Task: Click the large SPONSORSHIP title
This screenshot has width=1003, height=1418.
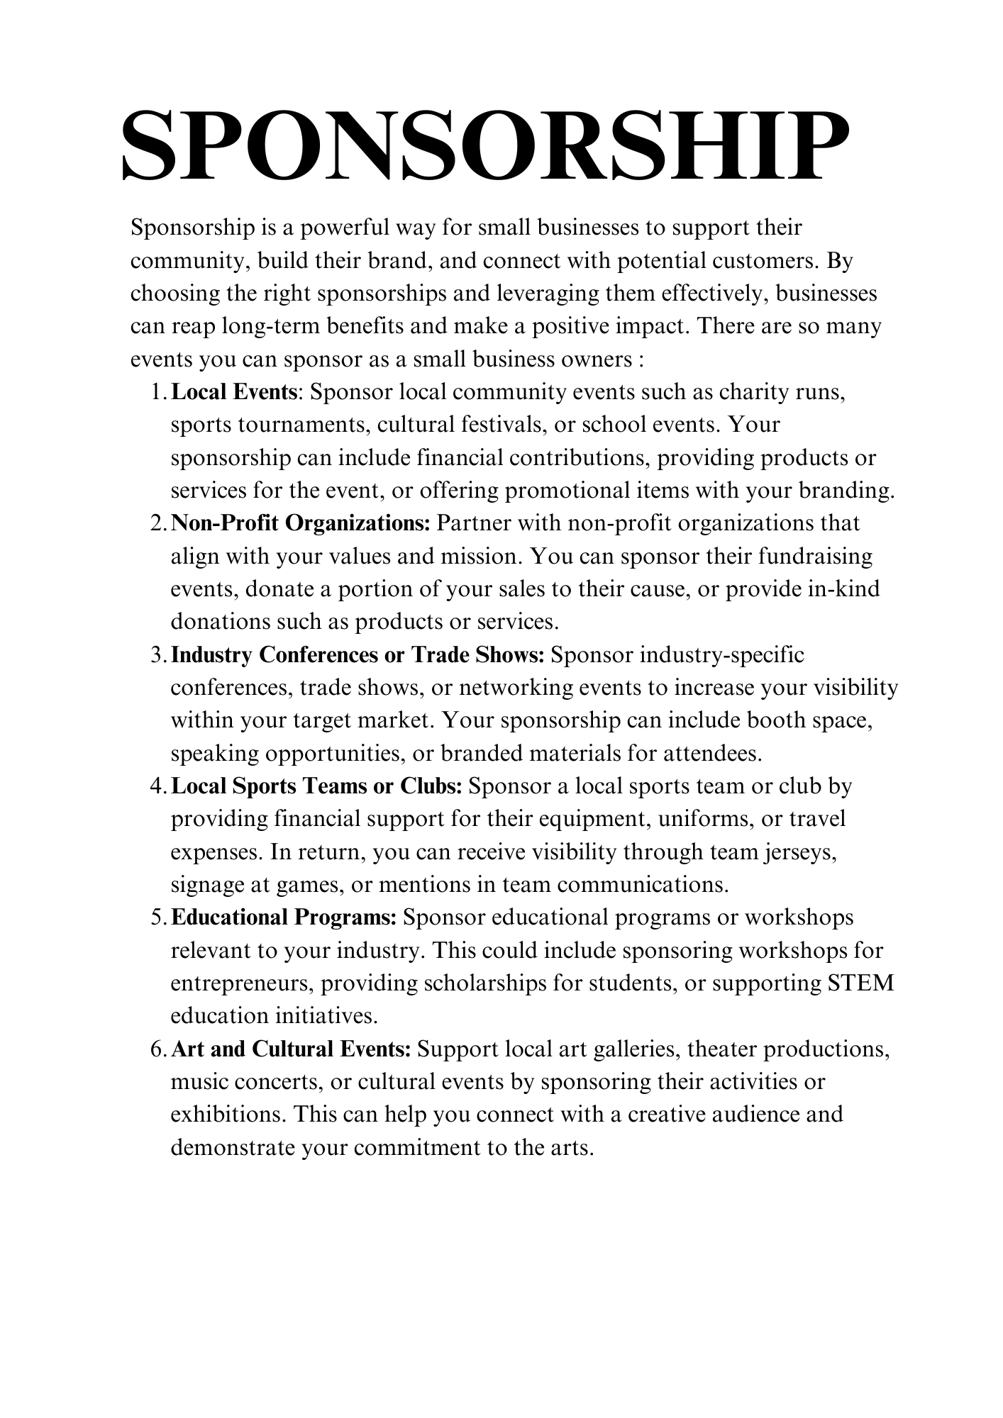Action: coord(485,145)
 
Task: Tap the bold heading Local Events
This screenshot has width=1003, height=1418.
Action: coord(233,392)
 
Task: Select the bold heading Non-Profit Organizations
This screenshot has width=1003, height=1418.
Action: coord(301,523)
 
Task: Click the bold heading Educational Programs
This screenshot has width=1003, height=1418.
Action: coord(284,917)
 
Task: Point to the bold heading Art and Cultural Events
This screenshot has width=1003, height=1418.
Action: coord(291,1049)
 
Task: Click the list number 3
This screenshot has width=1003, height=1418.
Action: coord(157,655)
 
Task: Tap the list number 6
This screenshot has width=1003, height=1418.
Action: coord(157,1049)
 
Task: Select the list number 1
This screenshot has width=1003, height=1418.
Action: coord(157,393)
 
